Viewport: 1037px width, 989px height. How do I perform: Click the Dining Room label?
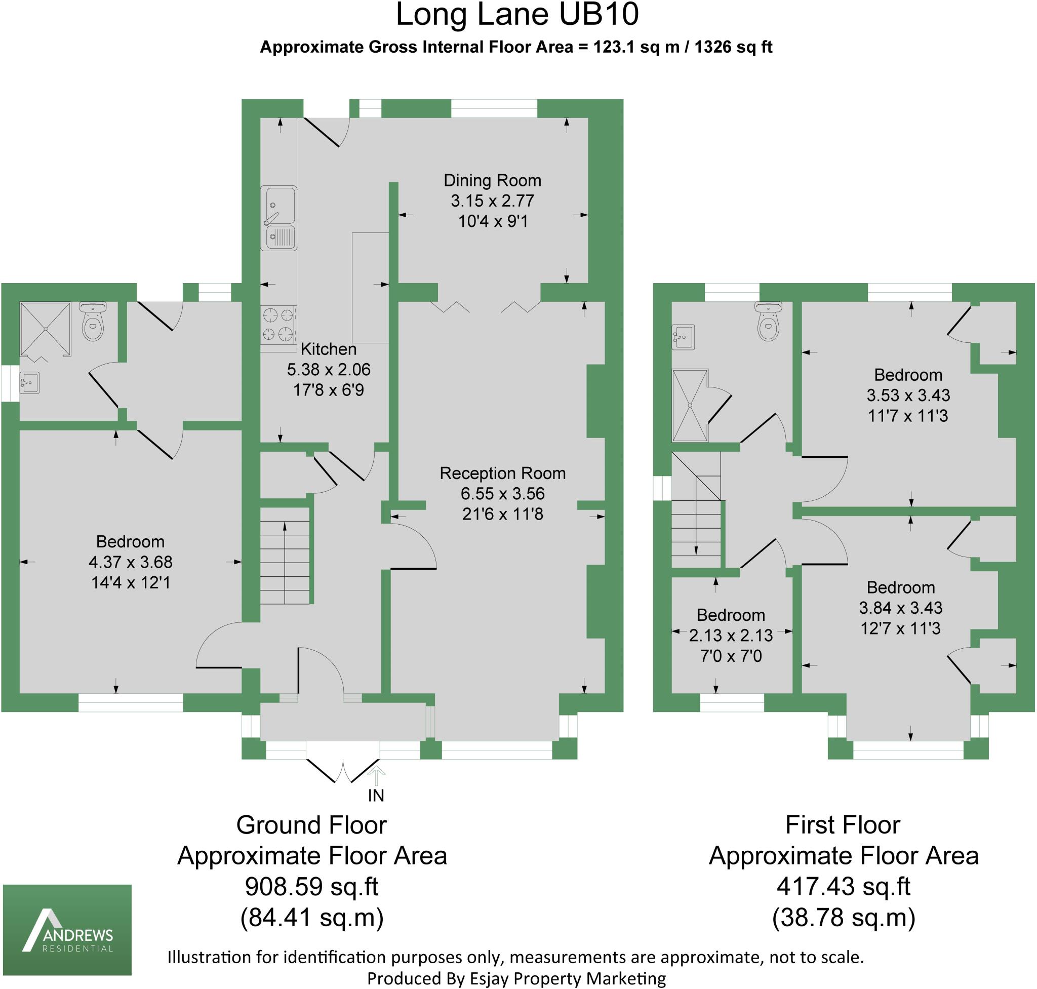click(492, 180)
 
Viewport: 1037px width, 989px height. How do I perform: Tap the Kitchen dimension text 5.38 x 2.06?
click(329, 370)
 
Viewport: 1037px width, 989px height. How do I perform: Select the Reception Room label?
click(502, 473)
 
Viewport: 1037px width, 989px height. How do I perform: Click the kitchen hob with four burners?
click(278, 325)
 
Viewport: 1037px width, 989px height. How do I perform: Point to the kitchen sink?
click(279, 218)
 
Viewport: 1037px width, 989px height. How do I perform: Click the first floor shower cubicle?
click(690, 406)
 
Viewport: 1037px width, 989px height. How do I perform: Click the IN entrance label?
click(376, 796)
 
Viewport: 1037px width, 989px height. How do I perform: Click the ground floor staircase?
click(285, 556)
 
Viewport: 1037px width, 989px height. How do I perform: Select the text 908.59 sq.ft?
click(311, 887)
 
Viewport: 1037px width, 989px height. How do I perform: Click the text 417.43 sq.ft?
click(843, 887)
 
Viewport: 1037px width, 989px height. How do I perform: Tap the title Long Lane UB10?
click(516, 15)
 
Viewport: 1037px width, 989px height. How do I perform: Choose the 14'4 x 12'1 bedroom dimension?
click(130, 582)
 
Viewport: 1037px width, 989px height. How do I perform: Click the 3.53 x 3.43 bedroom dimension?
click(908, 395)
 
